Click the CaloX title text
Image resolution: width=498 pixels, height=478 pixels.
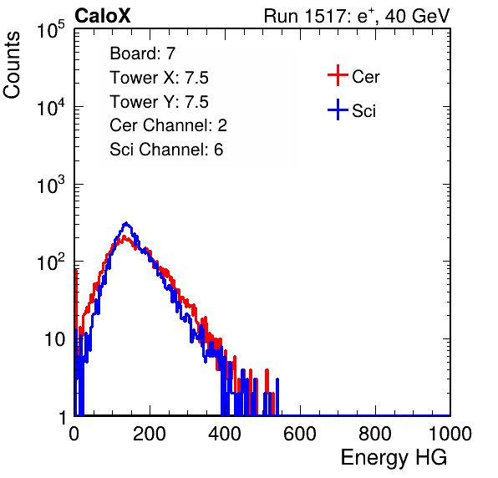(x=103, y=16)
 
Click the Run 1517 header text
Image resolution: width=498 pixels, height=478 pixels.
(x=357, y=16)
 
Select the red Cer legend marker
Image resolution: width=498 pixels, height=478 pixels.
(x=338, y=75)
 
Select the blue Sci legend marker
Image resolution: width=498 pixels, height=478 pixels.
(x=338, y=109)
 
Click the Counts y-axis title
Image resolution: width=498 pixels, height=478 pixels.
(x=12, y=65)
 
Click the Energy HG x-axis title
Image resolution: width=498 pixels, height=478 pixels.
(x=394, y=457)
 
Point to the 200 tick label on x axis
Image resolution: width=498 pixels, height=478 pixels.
(x=150, y=434)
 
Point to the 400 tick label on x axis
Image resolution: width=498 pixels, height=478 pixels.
(x=225, y=434)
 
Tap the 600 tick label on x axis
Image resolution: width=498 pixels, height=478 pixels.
(x=300, y=434)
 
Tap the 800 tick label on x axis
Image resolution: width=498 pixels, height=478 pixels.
(x=375, y=434)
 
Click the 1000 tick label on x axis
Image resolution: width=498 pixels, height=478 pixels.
(x=450, y=434)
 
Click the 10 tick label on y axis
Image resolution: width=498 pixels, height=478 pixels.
(x=54, y=339)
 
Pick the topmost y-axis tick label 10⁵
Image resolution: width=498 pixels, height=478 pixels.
(x=51, y=29)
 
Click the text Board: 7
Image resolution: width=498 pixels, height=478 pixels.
(x=143, y=53)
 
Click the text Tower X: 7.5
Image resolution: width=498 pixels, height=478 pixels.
(x=159, y=78)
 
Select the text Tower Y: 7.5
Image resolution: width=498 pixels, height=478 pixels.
(x=159, y=102)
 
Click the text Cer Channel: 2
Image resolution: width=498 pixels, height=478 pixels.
(x=168, y=125)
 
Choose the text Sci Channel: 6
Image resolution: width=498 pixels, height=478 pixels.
(x=166, y=150)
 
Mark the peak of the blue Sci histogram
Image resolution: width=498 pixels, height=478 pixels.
(x=126, y=223)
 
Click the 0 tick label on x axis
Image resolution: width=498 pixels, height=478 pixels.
(x=74, y=434)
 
